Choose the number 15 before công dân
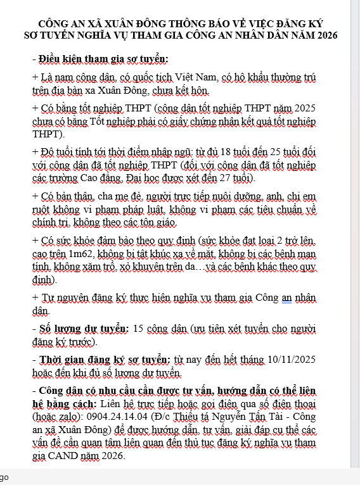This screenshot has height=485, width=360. tap(142, 330)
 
